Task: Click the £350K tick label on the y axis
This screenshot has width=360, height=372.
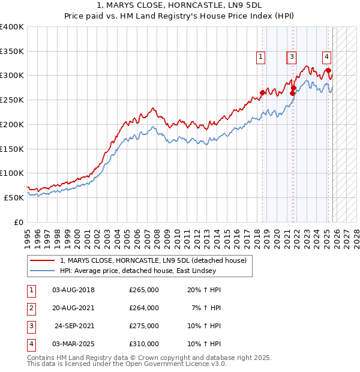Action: [12, 52]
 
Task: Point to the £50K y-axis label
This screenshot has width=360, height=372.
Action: [14, 197]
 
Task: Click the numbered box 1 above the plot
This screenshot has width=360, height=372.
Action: [262, 58]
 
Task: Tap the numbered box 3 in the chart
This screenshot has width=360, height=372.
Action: [292, 58]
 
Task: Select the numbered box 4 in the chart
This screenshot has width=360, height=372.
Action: [326, 58]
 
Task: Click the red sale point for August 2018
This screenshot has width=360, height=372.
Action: [262, 93]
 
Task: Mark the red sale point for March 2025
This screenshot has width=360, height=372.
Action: [329, 71]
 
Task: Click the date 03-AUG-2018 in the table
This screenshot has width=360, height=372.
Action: [73, 290]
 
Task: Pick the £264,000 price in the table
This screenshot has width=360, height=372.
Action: [143, 307]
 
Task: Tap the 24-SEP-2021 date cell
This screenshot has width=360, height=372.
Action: [74, 326]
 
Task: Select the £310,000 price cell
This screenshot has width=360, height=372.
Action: [143, 344]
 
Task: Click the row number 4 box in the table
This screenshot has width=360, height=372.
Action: [31, 344]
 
